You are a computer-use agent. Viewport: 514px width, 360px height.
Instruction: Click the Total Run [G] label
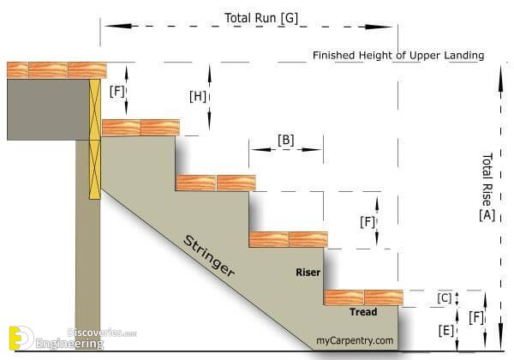tap(261, 18)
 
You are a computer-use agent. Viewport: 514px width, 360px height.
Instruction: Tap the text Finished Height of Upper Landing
tap(398, 56)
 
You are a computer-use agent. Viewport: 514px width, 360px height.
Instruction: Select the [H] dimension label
tap(198, 96)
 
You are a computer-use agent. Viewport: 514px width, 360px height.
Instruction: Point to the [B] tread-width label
tap(286, 140)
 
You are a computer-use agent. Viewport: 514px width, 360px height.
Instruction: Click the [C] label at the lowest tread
tap(445, 298)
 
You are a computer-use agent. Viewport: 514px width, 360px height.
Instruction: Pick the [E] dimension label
tap(446, 331)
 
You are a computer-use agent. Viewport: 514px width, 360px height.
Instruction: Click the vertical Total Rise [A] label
tap(487, 187)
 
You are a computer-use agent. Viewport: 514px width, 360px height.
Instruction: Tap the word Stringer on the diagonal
tap(209, 255)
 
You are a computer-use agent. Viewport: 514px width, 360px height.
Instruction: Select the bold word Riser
tap(308, 272)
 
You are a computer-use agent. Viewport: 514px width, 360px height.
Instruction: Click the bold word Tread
tap(363, 312)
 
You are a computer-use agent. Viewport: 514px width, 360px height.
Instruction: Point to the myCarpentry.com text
tap(355, 340)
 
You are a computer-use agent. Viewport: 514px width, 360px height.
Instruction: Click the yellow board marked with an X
tap(95, 138)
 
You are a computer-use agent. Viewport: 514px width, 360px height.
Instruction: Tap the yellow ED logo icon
tap(21, 338)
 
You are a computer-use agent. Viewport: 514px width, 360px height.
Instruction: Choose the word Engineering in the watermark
tap(69, 344)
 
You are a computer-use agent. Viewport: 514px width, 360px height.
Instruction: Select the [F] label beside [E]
tap(476, 317)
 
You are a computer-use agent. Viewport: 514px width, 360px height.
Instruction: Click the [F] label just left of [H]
tap(117, 92)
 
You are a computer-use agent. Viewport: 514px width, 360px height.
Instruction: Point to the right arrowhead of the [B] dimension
tap(312, 149)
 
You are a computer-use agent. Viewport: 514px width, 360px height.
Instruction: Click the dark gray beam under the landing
tap(48, 110)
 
